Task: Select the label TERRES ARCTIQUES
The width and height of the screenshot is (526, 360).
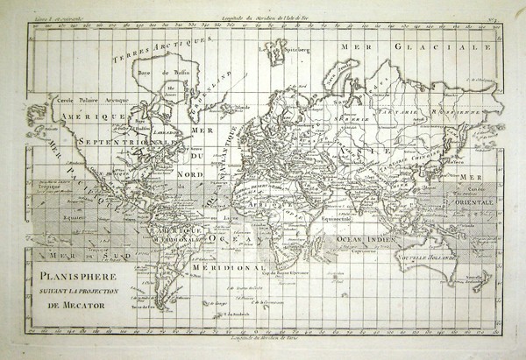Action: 162,48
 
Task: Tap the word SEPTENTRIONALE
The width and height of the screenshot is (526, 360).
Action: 129,141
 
